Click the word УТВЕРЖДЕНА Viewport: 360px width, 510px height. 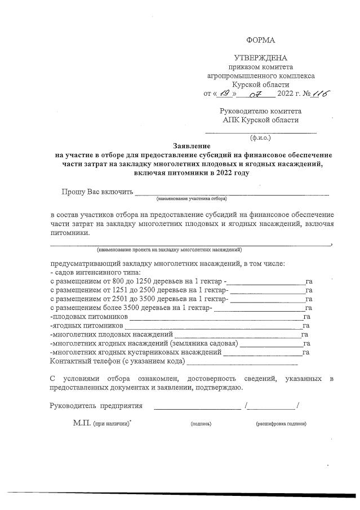point(260,57)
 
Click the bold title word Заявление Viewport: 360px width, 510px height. point(192,145)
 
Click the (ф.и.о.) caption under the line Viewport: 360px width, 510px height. point(260,137)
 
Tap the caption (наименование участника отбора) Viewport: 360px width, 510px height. point(192,198)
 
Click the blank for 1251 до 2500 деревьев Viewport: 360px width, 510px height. point(268,290)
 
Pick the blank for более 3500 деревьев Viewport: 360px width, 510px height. point(259,308)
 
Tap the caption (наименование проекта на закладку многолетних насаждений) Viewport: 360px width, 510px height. point(170,249)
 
